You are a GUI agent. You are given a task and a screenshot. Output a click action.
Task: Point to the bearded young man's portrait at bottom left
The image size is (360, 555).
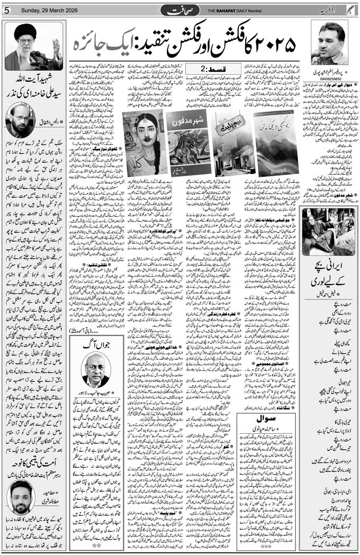tap(21, 497)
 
